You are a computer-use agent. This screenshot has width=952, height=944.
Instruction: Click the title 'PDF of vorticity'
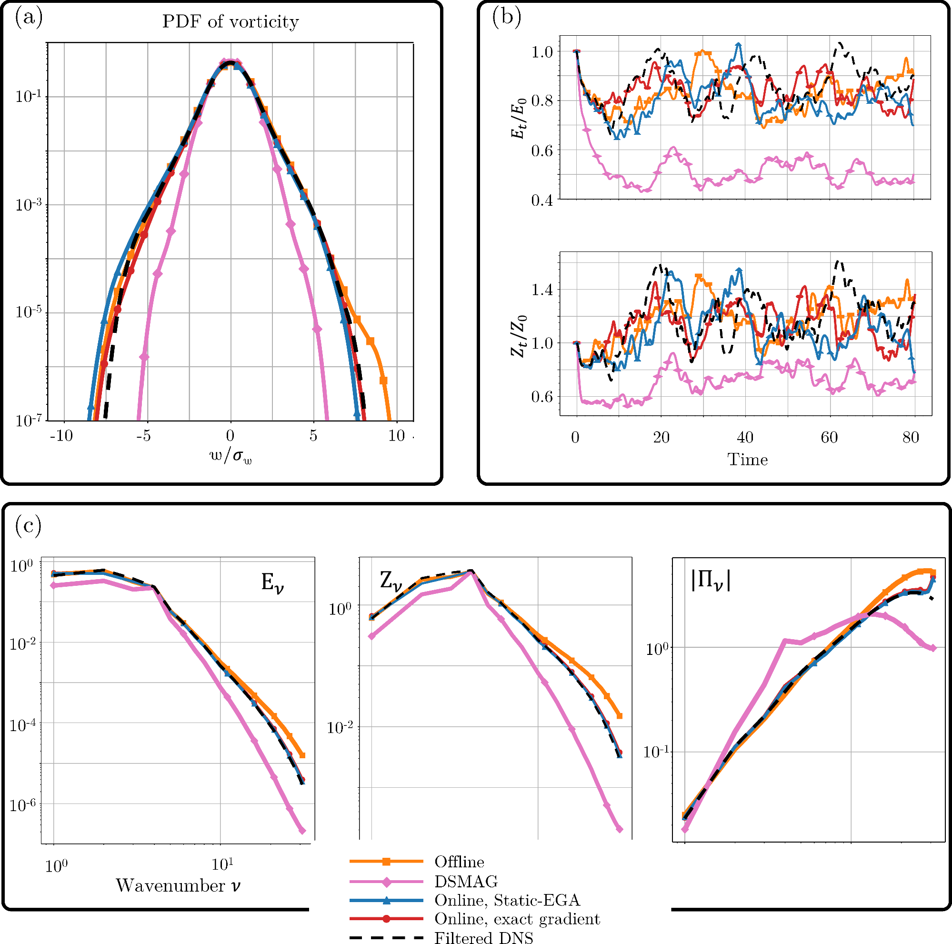[x=230, y=22]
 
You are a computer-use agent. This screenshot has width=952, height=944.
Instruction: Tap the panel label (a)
[x=29, y=18]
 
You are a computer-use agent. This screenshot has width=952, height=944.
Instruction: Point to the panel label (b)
[x=507, y=18]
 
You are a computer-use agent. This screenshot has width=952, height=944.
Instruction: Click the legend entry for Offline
[x=459, y=861]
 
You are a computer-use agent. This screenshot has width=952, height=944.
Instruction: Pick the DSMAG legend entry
[x=466, y=881]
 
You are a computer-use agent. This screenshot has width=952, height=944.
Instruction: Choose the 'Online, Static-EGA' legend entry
[x=507, y=900]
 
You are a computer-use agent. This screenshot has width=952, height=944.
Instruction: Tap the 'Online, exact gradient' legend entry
[x=517, y=918]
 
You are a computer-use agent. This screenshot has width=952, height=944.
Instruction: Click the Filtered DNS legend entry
[x=483, y=938]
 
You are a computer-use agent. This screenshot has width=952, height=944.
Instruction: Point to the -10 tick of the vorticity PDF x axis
[x=61, y=435]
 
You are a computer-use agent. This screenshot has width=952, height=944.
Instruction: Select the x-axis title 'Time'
[x=747, y=460]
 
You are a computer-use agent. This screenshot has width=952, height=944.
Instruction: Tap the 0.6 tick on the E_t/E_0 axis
[x=542, y=151]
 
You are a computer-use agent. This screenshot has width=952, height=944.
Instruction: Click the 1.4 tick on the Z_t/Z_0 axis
[x=542, y=290]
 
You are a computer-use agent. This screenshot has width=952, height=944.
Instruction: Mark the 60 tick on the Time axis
[x=829, y=437]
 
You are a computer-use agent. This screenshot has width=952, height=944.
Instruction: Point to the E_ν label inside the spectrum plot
[x=272, y=583]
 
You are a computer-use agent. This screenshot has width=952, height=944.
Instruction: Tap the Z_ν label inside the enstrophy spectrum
[x=391, y=582]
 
